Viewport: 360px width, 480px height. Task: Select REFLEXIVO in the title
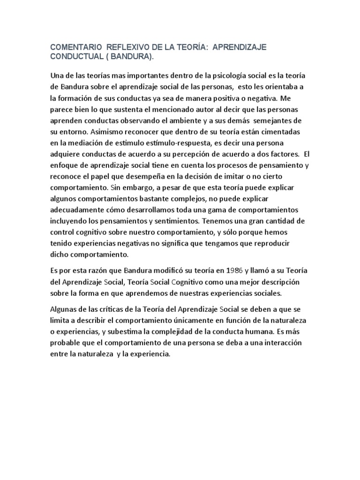tap(129, 47)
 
